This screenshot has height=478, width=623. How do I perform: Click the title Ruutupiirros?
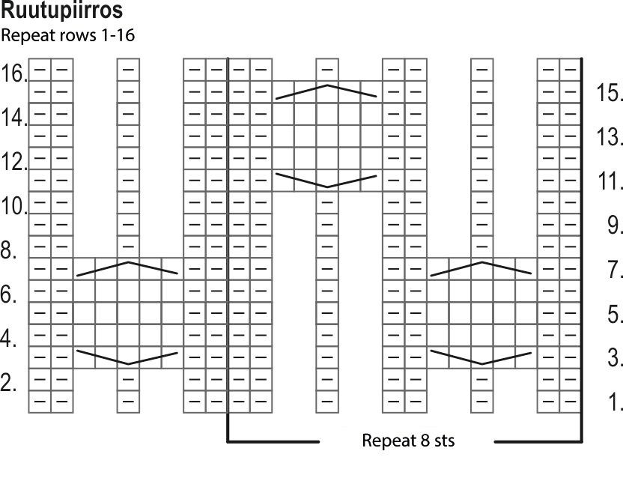pyautogui.click(x=62, y=11)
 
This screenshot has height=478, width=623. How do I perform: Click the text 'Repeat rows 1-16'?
pyautogui.click(x=68, y=35)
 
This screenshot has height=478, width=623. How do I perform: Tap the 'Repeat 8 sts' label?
pyautogui.click(x=408, y=440)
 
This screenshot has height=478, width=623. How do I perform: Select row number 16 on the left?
pyautogui.click(x=14, y=73)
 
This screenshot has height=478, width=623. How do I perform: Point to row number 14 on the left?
pyautogui.click(x=14, y=118)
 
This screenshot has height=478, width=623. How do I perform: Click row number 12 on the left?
pyautogui.click(x=14, y=162)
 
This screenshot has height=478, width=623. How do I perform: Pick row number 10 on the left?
pyautogui.click(x=14, y=206)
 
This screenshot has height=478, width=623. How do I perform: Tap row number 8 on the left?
pyautogui.click(x=9, y=250)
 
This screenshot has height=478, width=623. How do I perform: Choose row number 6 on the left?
pyautogui.click(x=9, y=295)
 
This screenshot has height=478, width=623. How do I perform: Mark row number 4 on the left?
pyautogui.click(x=9, y=339)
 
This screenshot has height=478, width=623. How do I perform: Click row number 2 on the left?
pyautogui.click(x=9, y=384)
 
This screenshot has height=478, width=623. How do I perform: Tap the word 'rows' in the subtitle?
pyautogui.click(x=75, y=35)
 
